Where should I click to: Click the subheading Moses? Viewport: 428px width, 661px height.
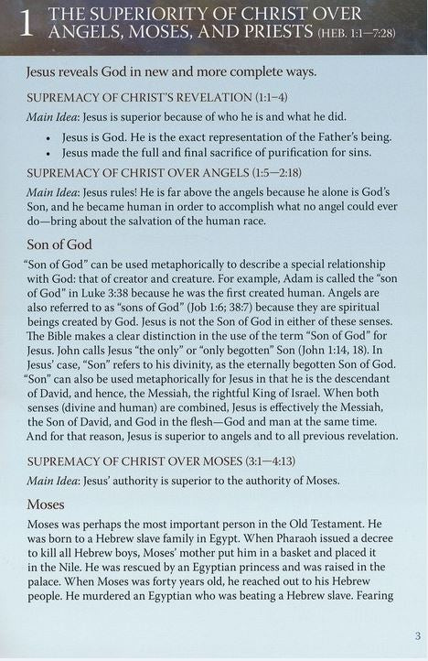click(47, 504)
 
